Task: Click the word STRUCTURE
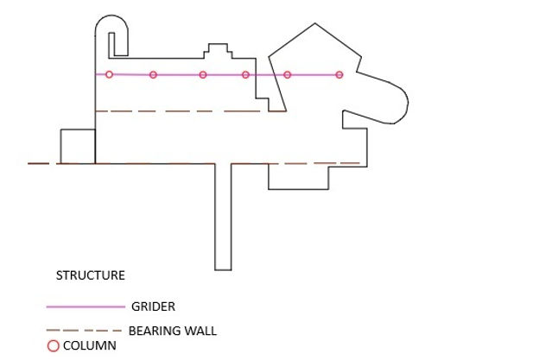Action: coord(91,276)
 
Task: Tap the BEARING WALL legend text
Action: coord(172,330)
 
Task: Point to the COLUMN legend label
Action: coord(89,346)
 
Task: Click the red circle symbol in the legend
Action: coord(53,346)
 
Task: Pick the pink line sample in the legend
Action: coord(86,306)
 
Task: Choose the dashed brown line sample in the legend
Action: coord(84,331)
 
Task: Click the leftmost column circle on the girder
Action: coord(109,74)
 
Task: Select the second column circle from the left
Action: coord(153,75)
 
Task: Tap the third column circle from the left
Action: coord(203,75)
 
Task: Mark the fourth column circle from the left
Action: coord(245,75)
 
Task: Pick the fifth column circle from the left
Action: coord(288,75)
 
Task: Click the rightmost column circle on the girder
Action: coord(339,75)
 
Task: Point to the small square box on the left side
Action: coord(77,146)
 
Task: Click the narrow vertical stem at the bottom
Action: coord(223,216)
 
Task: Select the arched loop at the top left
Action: coord(113,31)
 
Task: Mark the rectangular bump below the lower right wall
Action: coord(299,176)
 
